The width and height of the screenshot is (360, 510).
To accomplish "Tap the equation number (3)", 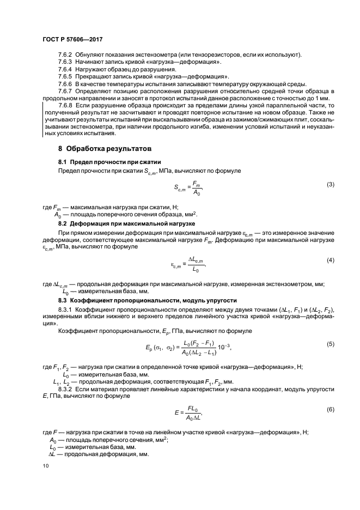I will click(330, 184).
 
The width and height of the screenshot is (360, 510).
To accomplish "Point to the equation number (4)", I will click(330, 260).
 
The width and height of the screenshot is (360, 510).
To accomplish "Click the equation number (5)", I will click(330, 344).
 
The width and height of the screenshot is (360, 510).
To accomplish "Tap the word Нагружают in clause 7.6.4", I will click(92, 70).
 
